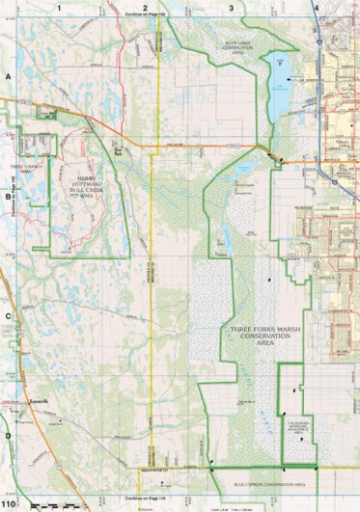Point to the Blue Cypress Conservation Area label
pos(269,484)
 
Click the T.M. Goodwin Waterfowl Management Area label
pos(295,425)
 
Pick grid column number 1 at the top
pos(59,7)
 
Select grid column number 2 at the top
pos(145,7)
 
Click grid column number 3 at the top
pos(231,7)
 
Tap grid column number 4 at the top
pos(317,7)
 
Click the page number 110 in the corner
pos(9,504)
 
